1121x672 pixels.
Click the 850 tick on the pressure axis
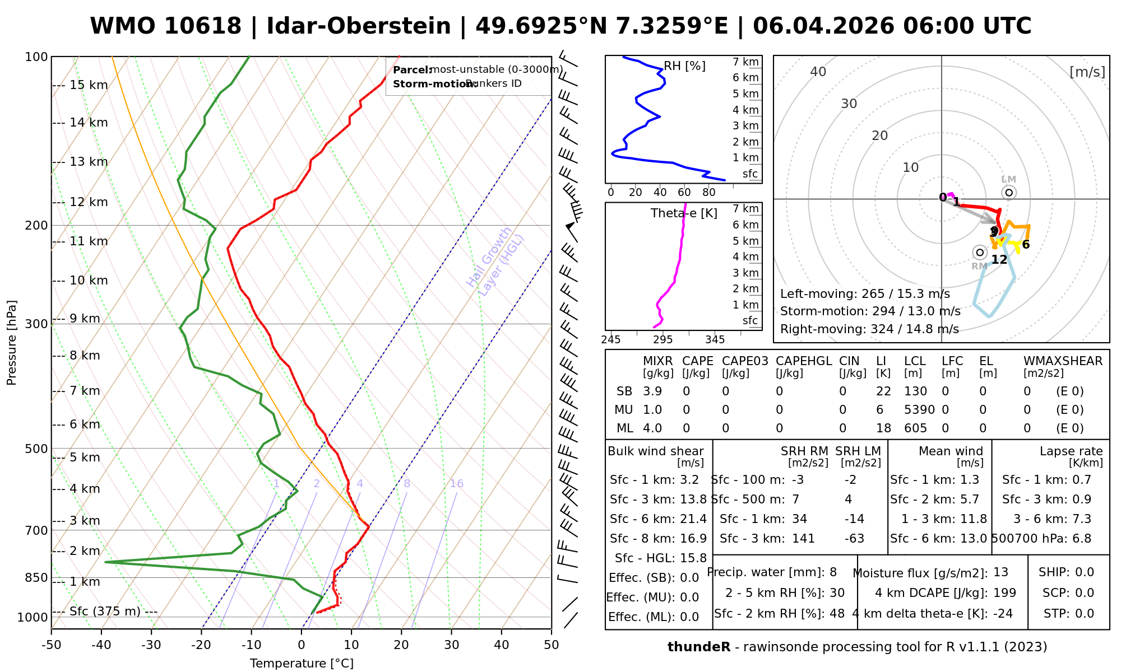tap(36, 577)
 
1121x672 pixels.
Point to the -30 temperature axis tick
tap(151, 645)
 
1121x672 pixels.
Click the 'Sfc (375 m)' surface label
tap(105, 611)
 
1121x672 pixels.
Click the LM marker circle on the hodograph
tap(1009, 193)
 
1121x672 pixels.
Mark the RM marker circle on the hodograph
tap(980, 253)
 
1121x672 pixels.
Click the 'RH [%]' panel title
tap(684, 66)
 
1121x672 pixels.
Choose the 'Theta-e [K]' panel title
tap(684, 213)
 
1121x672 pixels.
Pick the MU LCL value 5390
tap(919, 410)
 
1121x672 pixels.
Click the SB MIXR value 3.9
tap(652, 391)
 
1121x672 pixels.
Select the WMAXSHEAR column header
tap(1063, 361)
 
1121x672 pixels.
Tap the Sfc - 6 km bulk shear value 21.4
tap(692, 519)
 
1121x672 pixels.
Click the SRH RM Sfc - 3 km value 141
tap(803, 539)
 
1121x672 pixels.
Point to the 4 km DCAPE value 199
tap(1004, 592)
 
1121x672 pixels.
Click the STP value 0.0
tap(1085, 614)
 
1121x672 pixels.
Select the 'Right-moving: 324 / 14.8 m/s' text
tap(869, 329)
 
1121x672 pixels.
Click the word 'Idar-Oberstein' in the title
tap(359, 26)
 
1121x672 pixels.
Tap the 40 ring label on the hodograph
tap(818, 72)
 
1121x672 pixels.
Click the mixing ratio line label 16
tap(456, 484)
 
